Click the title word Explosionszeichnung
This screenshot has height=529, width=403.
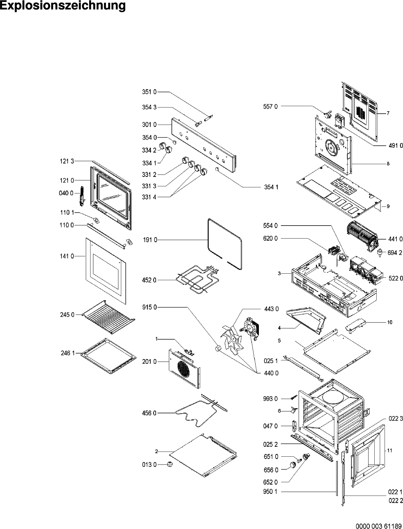click(x=63, y=6)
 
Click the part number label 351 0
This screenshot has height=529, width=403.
click(x=149, y=92)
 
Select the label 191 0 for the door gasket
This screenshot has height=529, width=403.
click(x=150, y=240)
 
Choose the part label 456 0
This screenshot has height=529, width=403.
click(x=149, y=413)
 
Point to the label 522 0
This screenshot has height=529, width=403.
click(x=395, y=278)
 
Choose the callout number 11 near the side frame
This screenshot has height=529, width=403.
click(x=390, y=451)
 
